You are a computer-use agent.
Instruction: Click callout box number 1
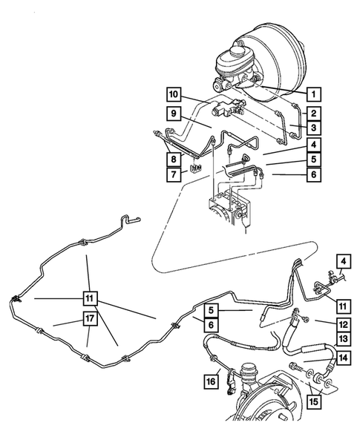[314, 94]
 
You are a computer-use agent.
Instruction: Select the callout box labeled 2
[314, 114]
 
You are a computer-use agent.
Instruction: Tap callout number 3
[314, 130]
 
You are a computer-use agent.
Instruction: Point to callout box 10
[173, 94]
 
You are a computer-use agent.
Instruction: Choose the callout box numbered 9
[173, 114]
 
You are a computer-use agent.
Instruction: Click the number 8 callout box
[173, 158]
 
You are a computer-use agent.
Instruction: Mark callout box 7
[173, 175]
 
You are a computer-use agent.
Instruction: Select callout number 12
[343, 323]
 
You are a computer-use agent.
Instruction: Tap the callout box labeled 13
[343, 339]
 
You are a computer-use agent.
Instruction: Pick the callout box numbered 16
[210, 381]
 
